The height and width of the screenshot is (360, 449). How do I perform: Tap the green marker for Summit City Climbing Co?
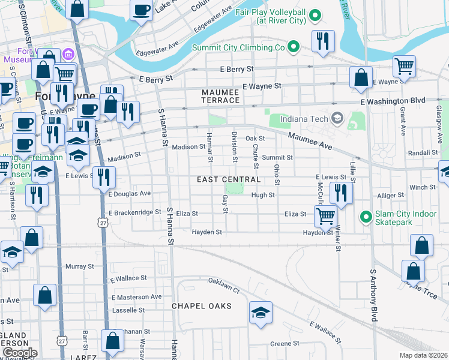294,47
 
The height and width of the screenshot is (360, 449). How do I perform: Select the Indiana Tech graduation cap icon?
337,118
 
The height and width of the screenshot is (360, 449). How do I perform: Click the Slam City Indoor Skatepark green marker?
364,215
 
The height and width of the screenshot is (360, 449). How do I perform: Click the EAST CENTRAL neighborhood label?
229,179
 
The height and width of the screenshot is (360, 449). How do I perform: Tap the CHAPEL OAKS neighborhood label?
202,306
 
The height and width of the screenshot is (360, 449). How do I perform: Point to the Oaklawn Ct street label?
224,282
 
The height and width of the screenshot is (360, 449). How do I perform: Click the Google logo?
20,353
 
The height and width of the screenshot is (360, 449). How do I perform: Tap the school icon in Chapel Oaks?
261,313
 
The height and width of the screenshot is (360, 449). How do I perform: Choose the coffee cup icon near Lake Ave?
142,10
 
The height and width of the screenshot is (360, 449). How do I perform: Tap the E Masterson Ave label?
136,296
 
